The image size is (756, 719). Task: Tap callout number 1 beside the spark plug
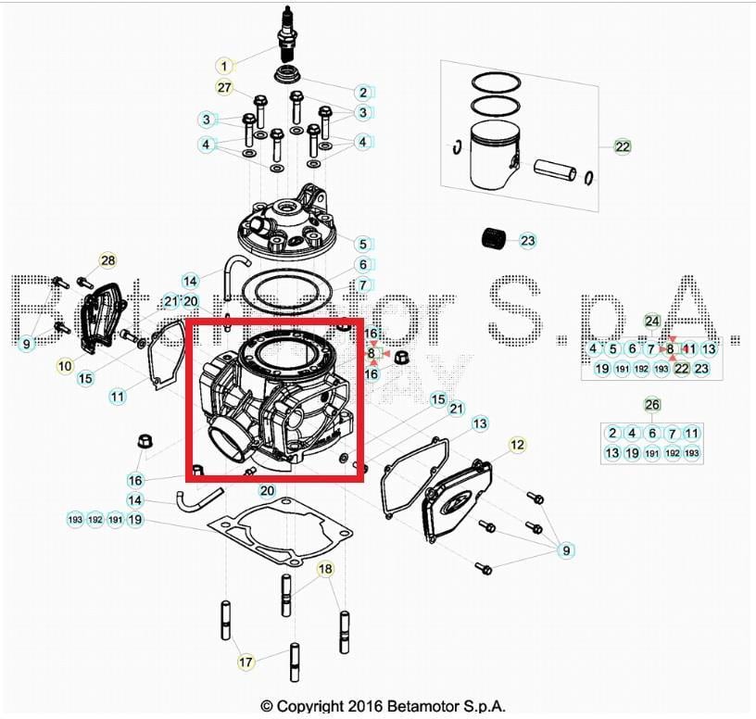(225, 66)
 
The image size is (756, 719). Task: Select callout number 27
(224, 88)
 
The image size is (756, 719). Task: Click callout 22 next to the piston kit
(622, 146)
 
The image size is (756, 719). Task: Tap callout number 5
(364, 245)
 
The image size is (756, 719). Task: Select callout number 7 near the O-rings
(364, 284)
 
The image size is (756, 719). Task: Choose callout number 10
(65, 366)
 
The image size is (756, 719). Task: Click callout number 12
(517, 446)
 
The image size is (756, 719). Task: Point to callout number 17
(246, 662)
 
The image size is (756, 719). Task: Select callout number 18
(325, 568)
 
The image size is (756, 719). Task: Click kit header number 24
(653, 322)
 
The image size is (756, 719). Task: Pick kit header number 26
(653, 405)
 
